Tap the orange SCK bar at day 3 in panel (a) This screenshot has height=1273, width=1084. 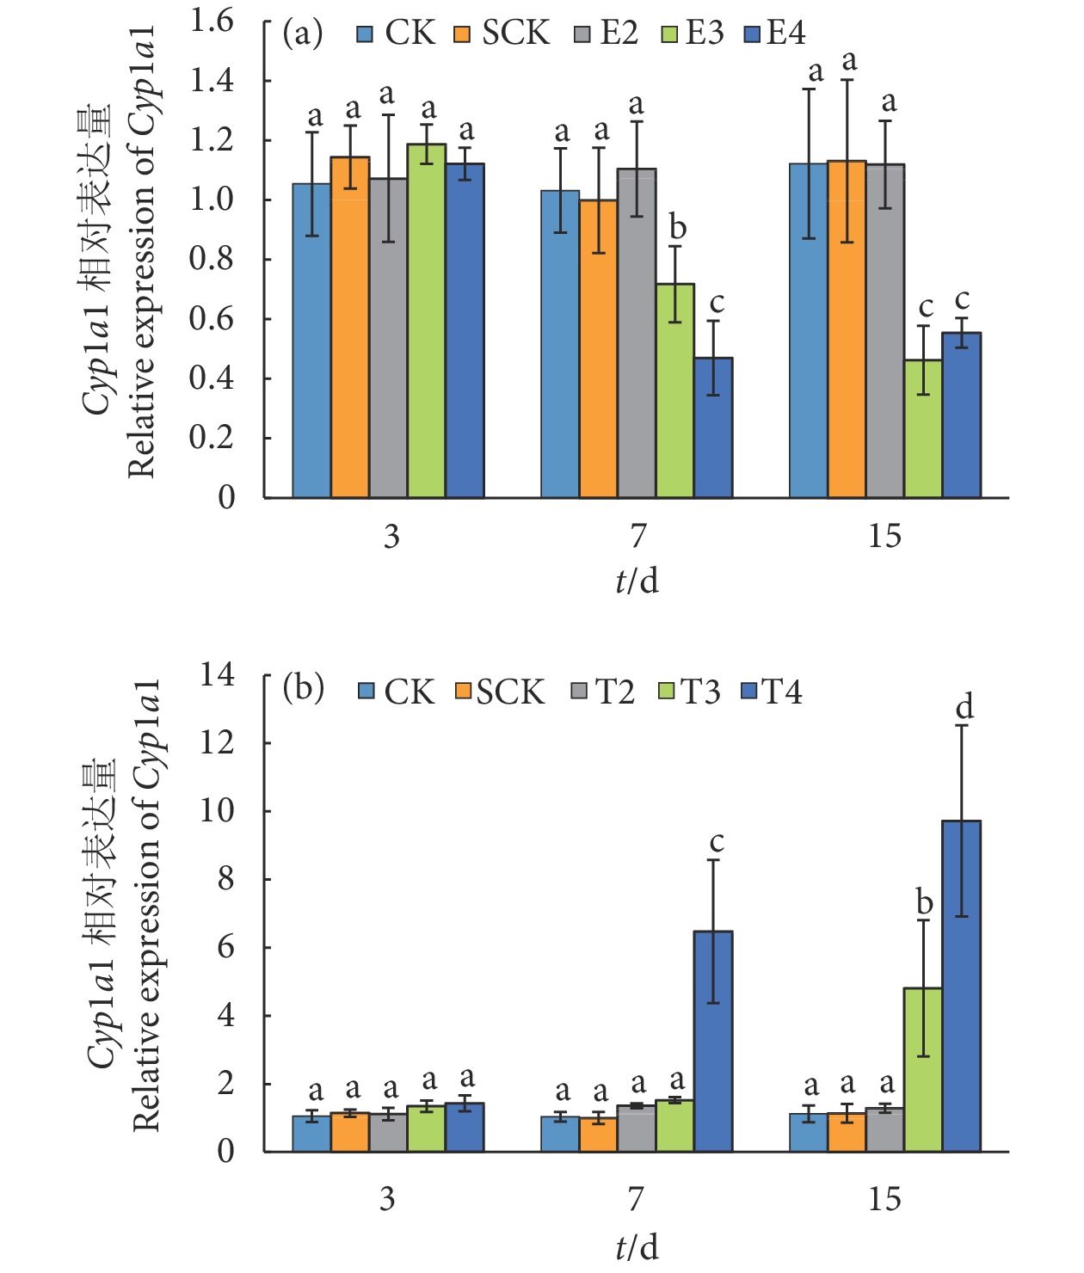[350, 327]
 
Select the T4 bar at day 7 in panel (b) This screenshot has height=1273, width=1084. [713, 1041]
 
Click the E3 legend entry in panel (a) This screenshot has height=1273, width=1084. [693, 34]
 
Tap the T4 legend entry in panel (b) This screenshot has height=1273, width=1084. [772, 692]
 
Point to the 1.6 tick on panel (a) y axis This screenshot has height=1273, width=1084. [212, 21]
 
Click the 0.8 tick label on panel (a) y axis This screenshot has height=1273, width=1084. [212, 259]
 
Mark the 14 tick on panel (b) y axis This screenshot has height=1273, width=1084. [217, 675]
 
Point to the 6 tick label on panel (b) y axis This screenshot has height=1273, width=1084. [225, 947]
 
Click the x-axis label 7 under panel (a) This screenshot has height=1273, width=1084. [637, 536]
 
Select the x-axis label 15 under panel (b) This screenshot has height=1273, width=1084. [884, 1198]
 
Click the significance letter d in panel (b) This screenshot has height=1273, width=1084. [964, 707]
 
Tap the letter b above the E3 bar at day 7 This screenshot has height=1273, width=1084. [677, 228]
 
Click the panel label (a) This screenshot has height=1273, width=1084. [303, 34]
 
